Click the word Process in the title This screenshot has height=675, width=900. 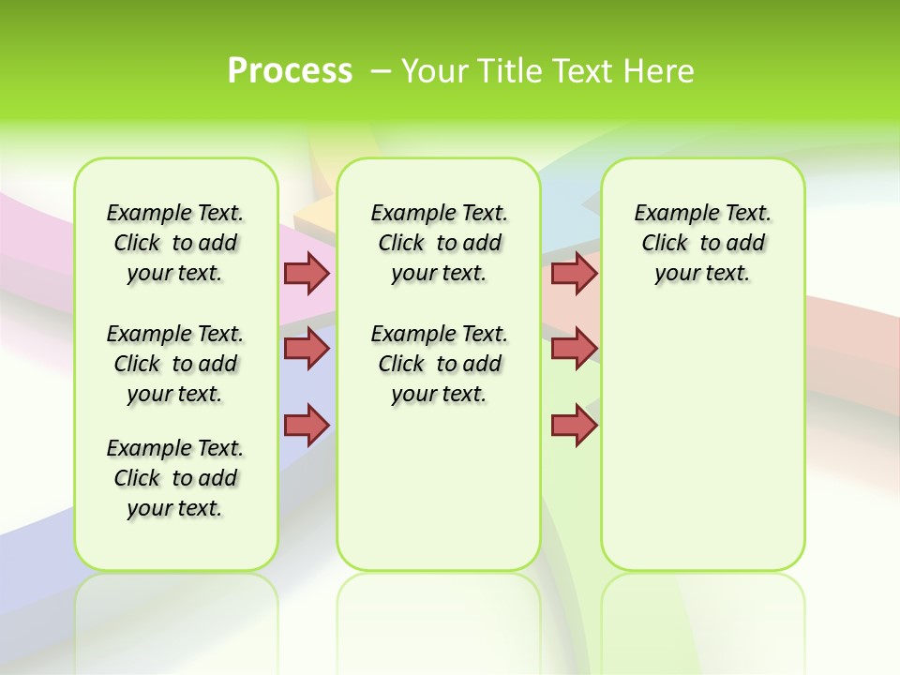coord(290,71)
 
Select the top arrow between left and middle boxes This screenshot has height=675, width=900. coord(307,273)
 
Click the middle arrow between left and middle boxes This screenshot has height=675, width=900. coord(307,349)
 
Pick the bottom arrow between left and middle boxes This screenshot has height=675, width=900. coord(307,424)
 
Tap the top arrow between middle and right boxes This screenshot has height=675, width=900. coord(574,273)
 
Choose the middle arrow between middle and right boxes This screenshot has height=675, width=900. coord(574,349)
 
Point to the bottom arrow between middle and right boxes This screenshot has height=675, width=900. coord(574,424)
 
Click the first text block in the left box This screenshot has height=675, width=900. coord(175,243)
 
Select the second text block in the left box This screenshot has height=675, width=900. coord(175,364)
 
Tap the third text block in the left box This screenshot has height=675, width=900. coord(175,478)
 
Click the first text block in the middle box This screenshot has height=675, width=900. coord(439,243)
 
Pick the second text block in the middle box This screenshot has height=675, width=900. coord(439,364)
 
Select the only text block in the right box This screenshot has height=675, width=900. coord(702,243)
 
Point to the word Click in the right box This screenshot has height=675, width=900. coord(665,244)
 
